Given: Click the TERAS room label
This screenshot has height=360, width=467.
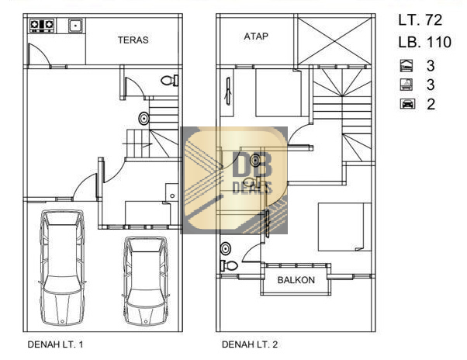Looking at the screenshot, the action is click(133, 40).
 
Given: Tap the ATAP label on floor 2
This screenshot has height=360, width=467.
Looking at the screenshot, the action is click(256, 36).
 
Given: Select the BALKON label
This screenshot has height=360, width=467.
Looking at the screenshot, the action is click(296, 280).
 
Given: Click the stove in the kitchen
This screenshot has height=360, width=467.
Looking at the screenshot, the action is click(42, 26).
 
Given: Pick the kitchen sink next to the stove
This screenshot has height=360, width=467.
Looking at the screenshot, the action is click(76, 26).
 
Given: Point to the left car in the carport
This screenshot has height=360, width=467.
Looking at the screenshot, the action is click(62, 268).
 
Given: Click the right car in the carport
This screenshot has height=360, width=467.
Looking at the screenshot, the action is click(145, 281).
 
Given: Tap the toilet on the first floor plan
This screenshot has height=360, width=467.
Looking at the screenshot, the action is click(169, 81).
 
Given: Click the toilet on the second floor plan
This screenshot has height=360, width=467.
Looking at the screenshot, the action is click(229, 265).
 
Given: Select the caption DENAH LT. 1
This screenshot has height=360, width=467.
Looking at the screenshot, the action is click(55, 344).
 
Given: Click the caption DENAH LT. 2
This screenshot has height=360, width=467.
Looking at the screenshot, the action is click(250, 344).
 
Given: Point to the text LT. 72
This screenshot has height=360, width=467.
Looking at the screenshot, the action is click(420, 20).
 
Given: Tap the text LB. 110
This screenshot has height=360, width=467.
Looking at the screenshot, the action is click(424, 42).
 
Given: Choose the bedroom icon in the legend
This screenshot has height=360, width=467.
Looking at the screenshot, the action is click(406, 65).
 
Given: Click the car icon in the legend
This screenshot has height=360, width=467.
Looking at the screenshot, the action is click(407, 104).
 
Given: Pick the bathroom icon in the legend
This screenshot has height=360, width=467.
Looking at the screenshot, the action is click(406, 85).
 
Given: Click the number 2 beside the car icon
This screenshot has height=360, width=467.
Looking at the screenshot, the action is click(431, 104).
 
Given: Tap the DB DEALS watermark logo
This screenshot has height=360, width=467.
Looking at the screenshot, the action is click(235, 180).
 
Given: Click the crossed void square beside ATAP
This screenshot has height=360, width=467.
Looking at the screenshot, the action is click(334, 41).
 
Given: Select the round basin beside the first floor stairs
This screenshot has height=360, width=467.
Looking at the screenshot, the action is click(144, 119).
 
